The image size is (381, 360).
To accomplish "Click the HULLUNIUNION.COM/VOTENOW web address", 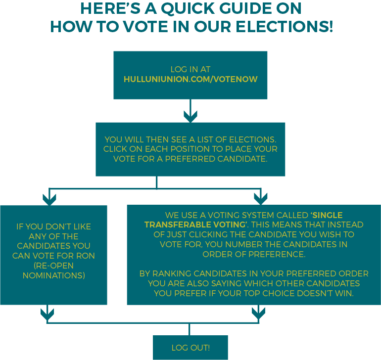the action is click(190, 79).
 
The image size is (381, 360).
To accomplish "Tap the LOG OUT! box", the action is click(190, 348).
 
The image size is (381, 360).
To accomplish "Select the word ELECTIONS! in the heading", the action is click(285, 27).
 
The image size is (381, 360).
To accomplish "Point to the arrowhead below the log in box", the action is click(190, 116).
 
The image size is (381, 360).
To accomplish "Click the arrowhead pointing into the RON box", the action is click(49, 199).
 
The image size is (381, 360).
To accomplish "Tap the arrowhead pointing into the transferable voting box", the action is click(261, 199).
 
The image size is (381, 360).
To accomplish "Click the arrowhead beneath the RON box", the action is click(47, 315).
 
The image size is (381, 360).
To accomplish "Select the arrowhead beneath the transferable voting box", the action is click(258, 314).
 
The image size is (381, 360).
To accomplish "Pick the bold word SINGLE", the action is click(327, 215).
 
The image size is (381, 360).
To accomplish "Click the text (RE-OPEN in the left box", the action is click(54, 266).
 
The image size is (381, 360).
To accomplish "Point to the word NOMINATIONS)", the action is click(54, 275).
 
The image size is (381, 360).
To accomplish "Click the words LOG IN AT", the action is click(190, 69).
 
